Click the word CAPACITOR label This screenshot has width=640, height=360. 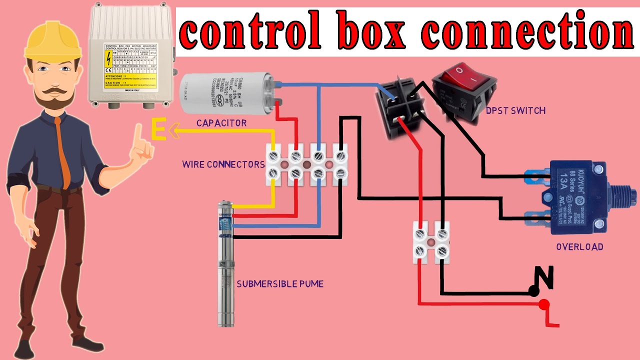(221, 122)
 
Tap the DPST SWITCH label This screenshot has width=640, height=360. (515, 110)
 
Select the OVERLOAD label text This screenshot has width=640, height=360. (579, 246)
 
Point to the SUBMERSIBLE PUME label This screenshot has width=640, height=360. (280, 284)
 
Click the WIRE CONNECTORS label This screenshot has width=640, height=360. (223, 164)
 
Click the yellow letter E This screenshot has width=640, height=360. (158, 131)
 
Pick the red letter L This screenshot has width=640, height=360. (552, 318)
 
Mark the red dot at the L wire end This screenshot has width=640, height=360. (544, 304)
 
